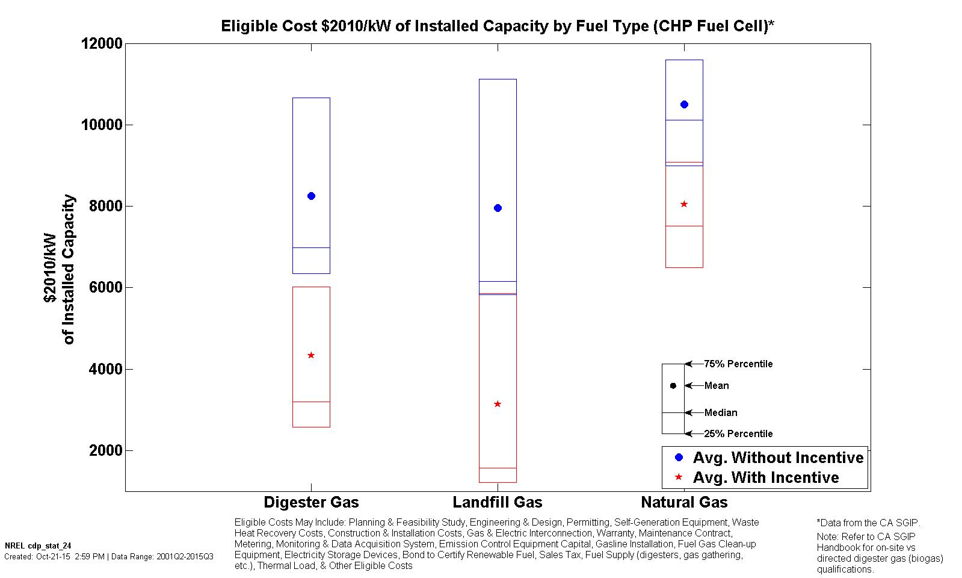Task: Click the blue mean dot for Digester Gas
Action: (311, 196)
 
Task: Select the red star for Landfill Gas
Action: (498, 404)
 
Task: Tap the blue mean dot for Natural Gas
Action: (684, 105)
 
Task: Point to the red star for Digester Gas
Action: (311, 355)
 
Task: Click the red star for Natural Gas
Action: (684, 204)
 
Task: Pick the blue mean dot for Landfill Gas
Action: (498, 208)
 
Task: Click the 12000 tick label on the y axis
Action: (101, 44)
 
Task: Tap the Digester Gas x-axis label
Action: (311, 502)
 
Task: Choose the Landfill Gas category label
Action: (498, 502)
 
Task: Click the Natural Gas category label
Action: (684, 502)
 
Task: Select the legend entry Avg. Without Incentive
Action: (778, 458)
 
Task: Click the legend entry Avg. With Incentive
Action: (765, 477)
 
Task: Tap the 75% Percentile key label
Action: (738, 364)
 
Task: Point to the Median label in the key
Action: (721, 412)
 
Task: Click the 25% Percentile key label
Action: (738, 433)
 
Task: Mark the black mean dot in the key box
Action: (673, 386)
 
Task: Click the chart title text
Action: (498, 26)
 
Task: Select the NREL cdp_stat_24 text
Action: (38, 545)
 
